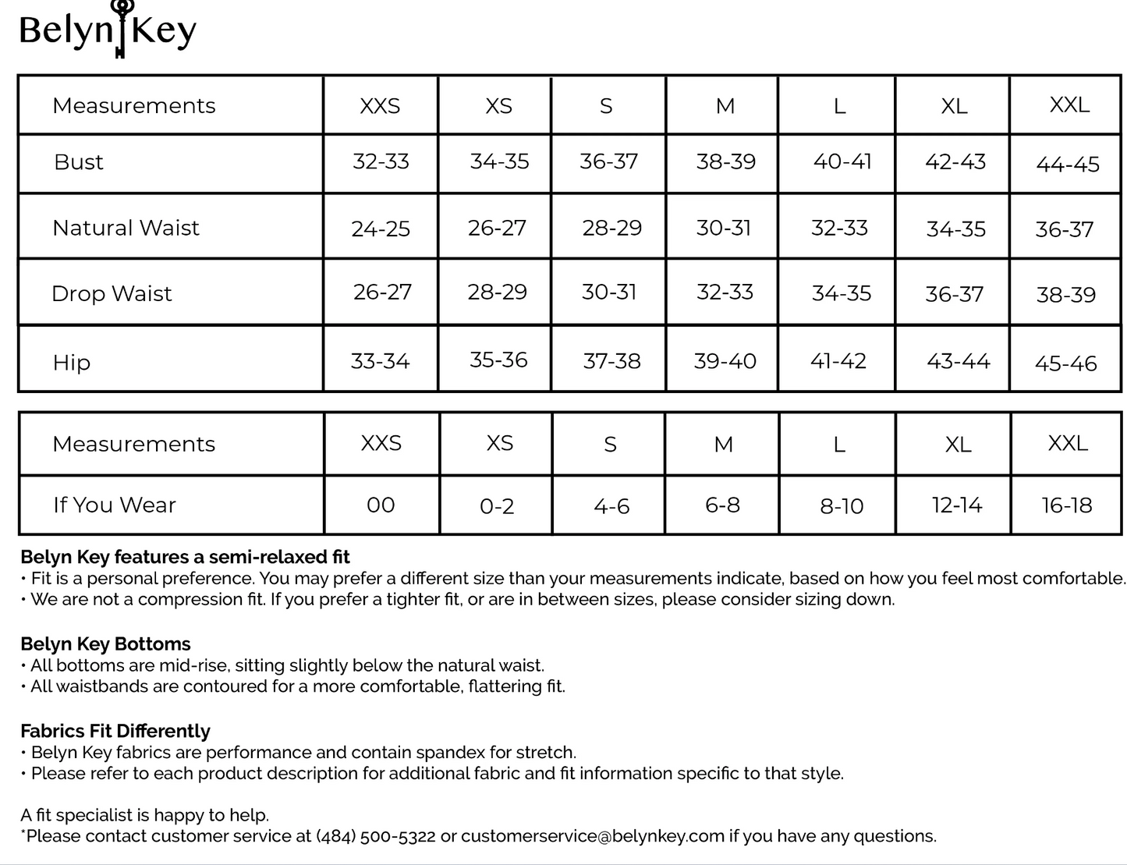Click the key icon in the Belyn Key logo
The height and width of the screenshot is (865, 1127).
point(121,27)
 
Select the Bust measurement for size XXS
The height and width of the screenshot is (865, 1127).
point(381,161)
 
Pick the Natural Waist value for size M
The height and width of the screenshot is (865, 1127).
point(723,228)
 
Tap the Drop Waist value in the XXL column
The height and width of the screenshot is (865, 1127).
point(1065,295)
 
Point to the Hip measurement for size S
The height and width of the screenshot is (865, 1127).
point(611,361)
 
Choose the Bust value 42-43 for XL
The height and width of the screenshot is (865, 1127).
point(955,162)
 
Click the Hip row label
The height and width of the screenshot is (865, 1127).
point(72,363)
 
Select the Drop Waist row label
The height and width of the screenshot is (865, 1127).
point(112,294)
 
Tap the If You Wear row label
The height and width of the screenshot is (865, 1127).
point(115,505)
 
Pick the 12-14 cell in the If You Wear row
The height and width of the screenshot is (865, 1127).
point(957,505)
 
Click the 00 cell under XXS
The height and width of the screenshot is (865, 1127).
point(381,505)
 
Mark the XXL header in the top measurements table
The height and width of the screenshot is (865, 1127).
point(1069,105)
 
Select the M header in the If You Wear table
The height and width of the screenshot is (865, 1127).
point(723,445)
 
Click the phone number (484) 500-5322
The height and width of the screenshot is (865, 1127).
point(375,836)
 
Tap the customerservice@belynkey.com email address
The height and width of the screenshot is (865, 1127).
point(592,836)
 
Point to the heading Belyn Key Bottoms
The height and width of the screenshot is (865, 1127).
point(105,644)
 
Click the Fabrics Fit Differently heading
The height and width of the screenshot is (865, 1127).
point(115,732)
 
